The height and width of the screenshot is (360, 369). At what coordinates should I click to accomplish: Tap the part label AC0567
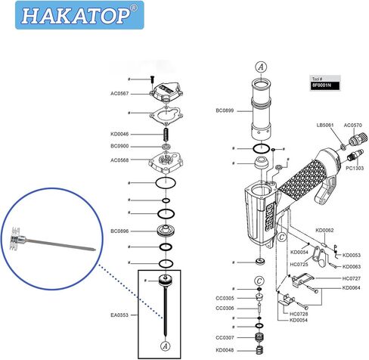[x=119, y=94]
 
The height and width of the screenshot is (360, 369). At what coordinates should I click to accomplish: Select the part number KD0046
[x=119, y=134]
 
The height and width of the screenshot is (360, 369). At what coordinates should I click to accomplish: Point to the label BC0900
[x=119, y=145]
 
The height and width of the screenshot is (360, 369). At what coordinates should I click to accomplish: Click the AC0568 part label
[x=119, y=160]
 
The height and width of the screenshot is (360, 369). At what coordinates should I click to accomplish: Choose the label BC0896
[x=119, y=231]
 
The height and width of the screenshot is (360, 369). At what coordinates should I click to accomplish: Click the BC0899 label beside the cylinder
[x=225, y=110]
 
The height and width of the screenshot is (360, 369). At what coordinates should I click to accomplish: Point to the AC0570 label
[x=353, y=125]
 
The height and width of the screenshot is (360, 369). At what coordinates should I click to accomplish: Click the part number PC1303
[x=355, y=168]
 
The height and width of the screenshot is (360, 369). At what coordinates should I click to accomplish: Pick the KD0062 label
[x=325, y=229]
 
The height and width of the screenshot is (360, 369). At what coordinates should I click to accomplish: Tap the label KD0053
[x=352, y=255]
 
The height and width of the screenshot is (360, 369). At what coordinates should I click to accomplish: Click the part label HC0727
[x=352, y=278]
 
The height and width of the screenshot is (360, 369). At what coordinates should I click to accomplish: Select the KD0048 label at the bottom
[x=225, y=350]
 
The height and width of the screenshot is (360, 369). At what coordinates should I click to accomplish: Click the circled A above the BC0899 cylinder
[x=260, y=66]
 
